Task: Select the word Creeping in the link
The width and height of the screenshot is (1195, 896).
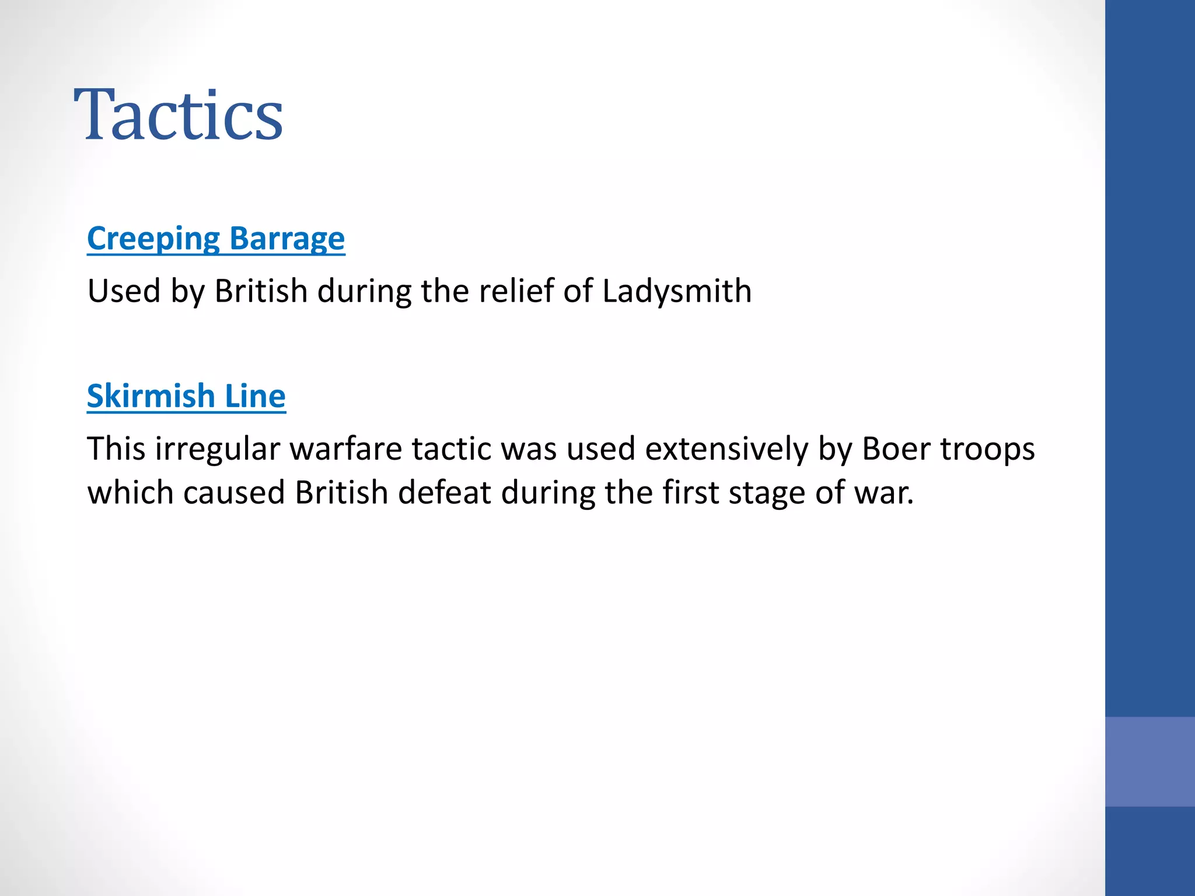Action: (153, 239)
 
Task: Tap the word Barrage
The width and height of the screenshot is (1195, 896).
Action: (287, 239)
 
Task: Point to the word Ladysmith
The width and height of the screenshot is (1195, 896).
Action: (677, 290)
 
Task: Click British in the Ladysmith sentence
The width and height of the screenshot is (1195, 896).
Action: (261, 290)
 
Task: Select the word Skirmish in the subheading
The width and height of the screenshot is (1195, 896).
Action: (151, 396)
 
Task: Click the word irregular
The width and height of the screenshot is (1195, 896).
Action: (217, 449)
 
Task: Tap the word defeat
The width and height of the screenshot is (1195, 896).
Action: (445, 492)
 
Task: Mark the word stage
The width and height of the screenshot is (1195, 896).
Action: (767, 492)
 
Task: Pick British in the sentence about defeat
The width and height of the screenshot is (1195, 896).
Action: (341, 492)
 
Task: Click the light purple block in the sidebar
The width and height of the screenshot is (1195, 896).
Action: (1149, 761)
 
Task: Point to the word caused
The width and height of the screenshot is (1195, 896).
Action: (235, 492)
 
